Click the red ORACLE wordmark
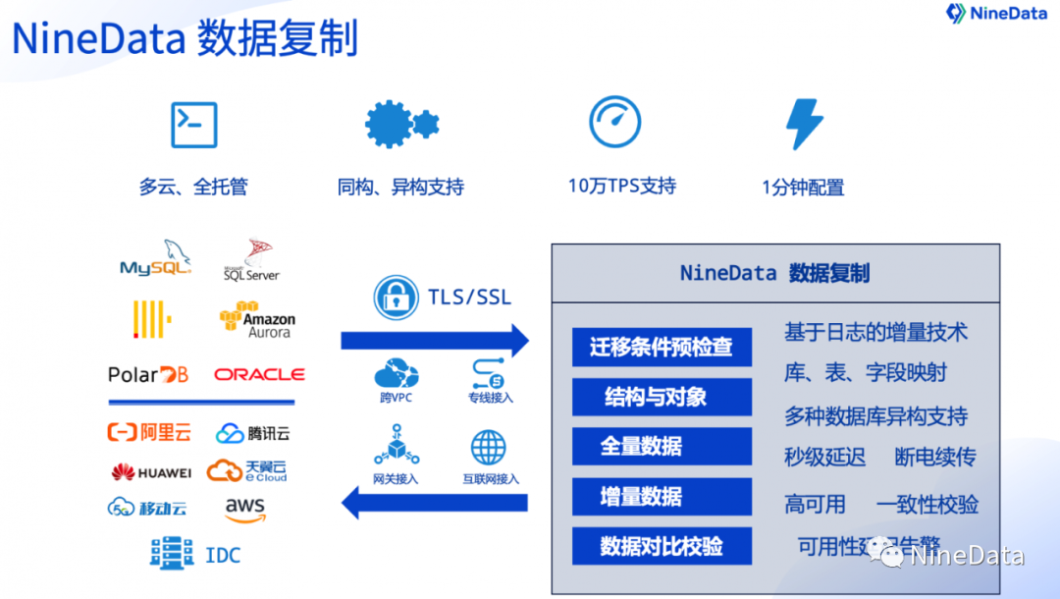point(259,374)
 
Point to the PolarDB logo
point(148,374)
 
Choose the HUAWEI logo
point(151,472)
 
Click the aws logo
point(244,509)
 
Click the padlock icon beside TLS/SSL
point(397,298)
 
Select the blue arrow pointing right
point(434,341)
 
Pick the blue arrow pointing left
point(434,503)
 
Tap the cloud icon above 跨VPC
point(396,374)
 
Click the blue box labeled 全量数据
point(662,447)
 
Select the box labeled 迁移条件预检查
point(662,348)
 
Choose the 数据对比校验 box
point(662,546)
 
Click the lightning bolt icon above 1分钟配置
point(804,125)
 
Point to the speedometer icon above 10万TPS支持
point(614,122)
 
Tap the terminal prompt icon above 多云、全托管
point(193,125)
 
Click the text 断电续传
point(934,457)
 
